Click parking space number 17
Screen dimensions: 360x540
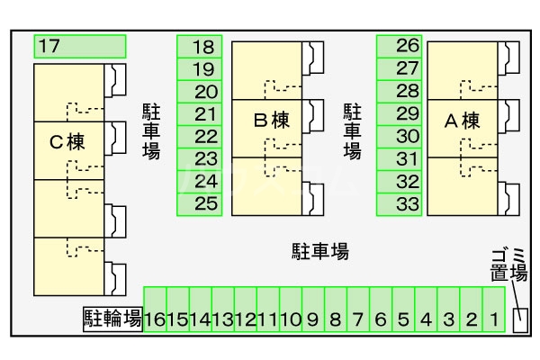(x=79, y=46)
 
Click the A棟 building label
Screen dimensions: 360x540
(x=463, y=121)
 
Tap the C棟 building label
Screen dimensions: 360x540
(x=67, y=142)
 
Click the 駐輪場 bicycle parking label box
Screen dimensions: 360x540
(x=112, y=319)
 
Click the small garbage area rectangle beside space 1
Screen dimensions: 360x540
(x=519, y=319)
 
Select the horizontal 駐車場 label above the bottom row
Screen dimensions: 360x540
(x=319, y=251)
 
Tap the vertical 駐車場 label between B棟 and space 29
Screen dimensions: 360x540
(x=352, y=131)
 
